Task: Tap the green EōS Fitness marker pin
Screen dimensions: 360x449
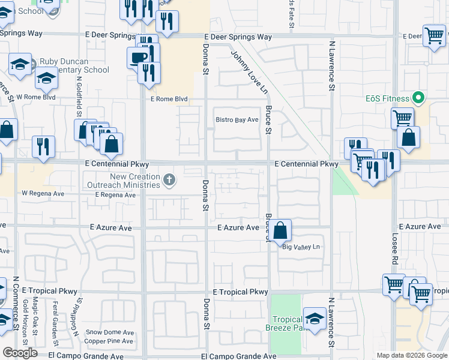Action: click(420, 98)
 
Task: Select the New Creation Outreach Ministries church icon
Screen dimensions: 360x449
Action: click(170, 179)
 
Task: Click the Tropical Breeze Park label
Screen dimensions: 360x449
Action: click(286, 323)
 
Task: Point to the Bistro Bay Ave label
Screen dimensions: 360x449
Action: click(237, 120)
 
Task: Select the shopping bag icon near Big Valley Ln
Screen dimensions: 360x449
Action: click(280, 230)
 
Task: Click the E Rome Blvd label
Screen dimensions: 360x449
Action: click(169, 99)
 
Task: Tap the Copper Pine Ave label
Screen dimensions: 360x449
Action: click(109, 341)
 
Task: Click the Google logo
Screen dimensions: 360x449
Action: click(20, 352)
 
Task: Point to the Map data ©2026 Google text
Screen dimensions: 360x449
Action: click(411, 355)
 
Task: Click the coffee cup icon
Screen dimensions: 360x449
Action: click(138, 58)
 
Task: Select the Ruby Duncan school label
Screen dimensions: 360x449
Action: click(74, 65)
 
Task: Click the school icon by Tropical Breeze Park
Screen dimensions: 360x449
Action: click(315, 319)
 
